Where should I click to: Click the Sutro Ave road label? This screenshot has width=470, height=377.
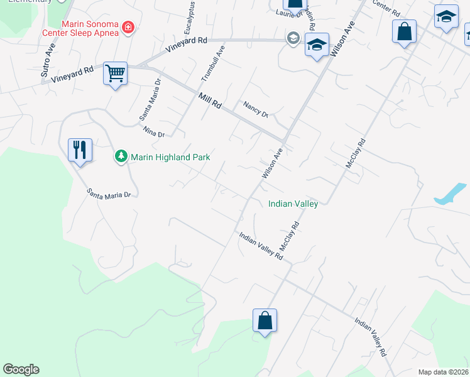pyautogui.click(x=48, y=60)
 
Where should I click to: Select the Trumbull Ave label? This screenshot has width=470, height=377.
pyautogui.click(x=212, y=63)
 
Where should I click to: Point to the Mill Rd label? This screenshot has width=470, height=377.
pyautogui.click(x=209, y=101)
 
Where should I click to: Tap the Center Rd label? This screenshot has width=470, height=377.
pyautogui.click(x=386, y=8)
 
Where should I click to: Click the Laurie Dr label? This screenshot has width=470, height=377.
pyautogui.click(x=287, y=12)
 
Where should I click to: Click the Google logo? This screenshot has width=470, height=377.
pyautogui.click(x=21, y=369)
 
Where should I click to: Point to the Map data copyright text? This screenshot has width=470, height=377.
pyautogui.click(x=443, y=372)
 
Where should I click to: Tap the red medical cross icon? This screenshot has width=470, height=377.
pyautogui.click(x=128, y=27)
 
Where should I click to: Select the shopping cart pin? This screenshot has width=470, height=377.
pyautogui.click(x=115, y=74)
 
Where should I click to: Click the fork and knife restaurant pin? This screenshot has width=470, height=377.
pyautogui.click(x=80, y=150)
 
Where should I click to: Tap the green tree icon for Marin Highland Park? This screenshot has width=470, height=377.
pyautogui.click(x=120, y=156)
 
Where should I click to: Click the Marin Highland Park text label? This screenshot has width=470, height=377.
pyautogui.click(x=170, y=157)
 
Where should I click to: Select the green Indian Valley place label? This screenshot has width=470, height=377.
pyautogui.click(x=293, y=204)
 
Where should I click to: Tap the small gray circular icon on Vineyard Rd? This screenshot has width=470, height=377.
pyautogui.click(x=293, y=39)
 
